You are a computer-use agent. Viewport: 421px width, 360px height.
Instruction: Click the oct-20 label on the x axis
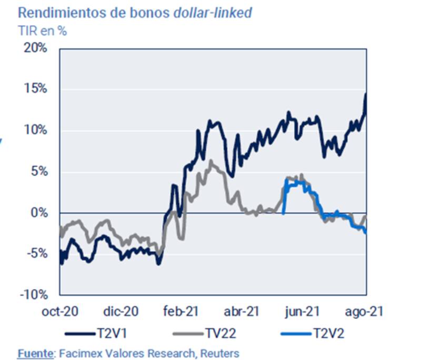click(x=59, y=312)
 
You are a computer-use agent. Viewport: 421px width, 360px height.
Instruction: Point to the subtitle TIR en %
click(x=43, y=31)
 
